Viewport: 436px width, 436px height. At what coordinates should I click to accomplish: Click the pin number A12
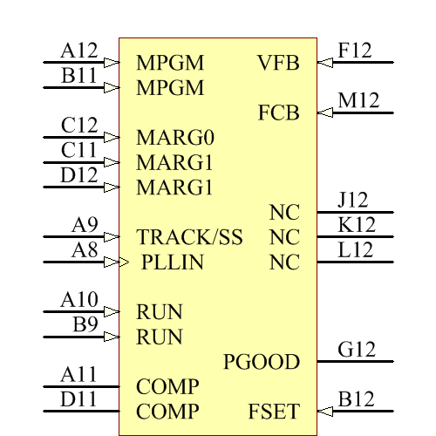coord(78,51)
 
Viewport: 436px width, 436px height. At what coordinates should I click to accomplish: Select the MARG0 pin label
coord(175,138)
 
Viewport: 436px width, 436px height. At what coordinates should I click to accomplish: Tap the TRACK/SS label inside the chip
coord(189,237)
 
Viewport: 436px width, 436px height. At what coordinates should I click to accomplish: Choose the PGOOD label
coord(262,362)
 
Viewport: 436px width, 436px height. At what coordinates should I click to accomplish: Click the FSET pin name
coord(274,412)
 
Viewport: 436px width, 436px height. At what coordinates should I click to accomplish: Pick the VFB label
coord(278,63)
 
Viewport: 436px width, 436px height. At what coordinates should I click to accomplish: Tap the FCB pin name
coord(279,113)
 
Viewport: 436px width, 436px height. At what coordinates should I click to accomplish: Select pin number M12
coord(358,101)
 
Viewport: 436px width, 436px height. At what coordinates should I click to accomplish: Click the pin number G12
coord(357,351)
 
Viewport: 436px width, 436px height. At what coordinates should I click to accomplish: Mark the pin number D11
coord(78,400)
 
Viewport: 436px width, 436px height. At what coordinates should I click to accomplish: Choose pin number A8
coord(85,251)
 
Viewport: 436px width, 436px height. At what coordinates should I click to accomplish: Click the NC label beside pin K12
coord(284,237)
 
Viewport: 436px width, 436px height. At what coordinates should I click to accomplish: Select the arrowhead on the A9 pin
coord(112,237)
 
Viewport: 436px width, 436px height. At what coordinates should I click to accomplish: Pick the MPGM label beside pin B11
coord(170,88)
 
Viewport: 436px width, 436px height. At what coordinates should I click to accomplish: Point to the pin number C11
coord(78,151)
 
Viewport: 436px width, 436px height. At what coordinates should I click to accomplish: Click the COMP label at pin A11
coord(167,386)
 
